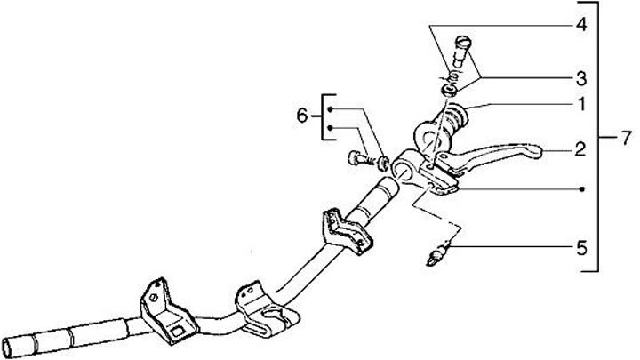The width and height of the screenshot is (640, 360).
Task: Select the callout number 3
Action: (x=581, y=76)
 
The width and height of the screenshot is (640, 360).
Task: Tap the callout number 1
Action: (x=581, y=105)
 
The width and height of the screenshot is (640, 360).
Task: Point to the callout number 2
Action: (x=581, y=152)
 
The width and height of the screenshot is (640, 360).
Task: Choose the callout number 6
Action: (x=301, y=116)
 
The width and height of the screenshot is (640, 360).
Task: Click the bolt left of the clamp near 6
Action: (x=358, y=161)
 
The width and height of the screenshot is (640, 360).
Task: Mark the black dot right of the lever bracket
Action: (x=581, y=189)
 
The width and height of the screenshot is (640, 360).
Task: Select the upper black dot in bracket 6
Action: (x=331, y=108)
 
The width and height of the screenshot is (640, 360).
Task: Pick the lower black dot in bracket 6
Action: (x=331, y=128)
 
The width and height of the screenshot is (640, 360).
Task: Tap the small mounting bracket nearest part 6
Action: (x=344, y=228)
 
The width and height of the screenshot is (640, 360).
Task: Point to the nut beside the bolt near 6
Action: (x=383, y=161)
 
